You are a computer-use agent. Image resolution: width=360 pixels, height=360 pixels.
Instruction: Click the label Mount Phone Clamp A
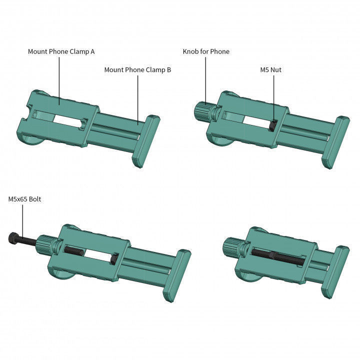(61, 51)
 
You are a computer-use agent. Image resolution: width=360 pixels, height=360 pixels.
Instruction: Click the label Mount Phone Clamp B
(137, 70)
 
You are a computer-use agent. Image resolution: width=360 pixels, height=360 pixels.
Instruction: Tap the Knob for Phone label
(206, 51)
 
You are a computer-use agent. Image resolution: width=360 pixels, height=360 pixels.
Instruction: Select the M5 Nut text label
(270, 70)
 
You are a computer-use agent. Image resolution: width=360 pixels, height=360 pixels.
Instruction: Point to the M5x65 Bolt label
(24, 199)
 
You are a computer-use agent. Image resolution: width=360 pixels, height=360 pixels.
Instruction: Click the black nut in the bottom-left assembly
(114, 258)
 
